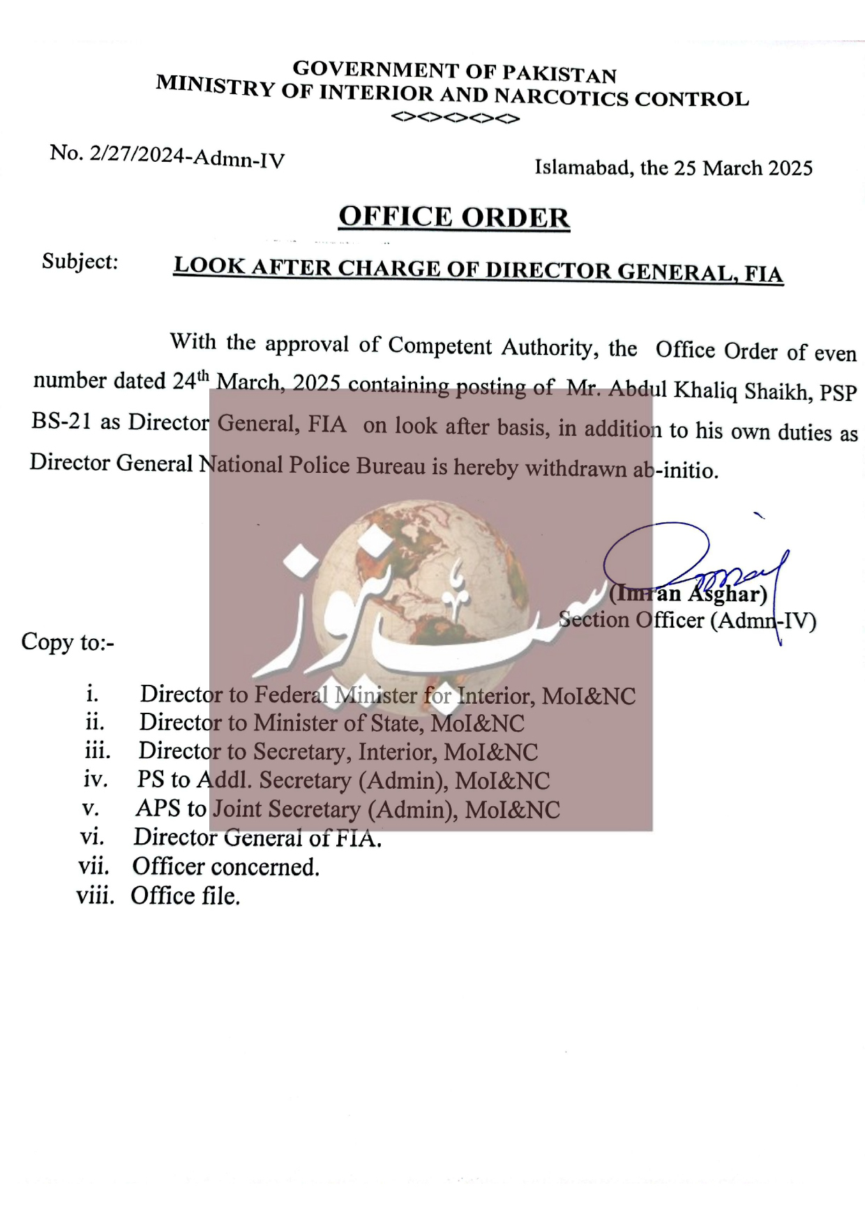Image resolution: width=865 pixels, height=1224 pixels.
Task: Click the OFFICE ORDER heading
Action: [x=454, y=217]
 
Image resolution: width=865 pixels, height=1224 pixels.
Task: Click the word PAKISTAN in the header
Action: [x=559, y=74]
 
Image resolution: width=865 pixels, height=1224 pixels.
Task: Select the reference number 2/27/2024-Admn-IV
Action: [x=187, y=157]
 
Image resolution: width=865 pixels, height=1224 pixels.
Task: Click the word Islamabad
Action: [x=582, y=167]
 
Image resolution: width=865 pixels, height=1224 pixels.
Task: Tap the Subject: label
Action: [x=80, y=262]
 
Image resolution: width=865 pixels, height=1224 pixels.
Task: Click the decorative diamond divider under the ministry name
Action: [x=456, y=118]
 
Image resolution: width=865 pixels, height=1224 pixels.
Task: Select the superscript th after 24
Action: [x=203, y=376]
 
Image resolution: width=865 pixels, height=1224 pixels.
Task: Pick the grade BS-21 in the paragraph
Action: [x=61, y=421]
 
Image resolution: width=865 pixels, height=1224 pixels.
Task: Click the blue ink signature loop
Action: [x=656, y=551]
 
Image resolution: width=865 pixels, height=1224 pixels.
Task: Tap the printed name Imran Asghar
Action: [x=688, y=594]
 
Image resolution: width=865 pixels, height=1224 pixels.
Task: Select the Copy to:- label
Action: [x=67, y=642]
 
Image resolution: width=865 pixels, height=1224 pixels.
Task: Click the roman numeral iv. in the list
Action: [x=96, y=778]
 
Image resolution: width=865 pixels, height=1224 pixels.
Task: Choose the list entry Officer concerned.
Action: [x=226, y=866]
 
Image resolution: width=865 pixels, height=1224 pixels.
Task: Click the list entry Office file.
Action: [x=186, y=896]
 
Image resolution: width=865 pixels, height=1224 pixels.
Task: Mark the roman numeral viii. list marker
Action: [x=95, y=896]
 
